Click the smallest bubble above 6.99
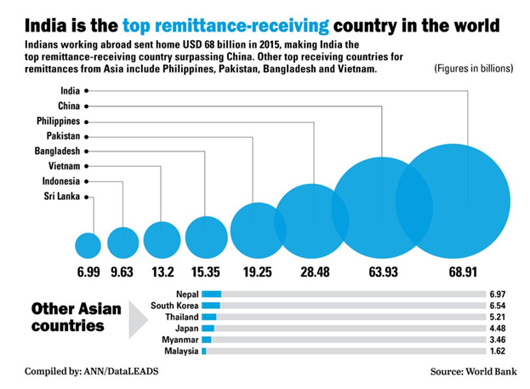88,245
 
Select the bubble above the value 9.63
123,243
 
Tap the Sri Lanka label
61,197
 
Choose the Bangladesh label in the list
58,151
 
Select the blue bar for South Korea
211,306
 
